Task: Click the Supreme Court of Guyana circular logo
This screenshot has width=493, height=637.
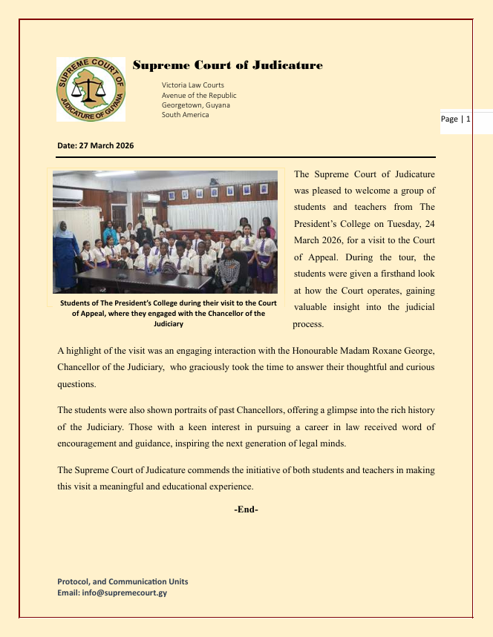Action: coord(91,89)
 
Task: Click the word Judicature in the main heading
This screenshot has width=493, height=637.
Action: coord(287,66)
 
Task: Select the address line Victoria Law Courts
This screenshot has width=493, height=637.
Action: coord(192,85)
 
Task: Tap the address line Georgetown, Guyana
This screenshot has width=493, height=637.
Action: coord(195,105)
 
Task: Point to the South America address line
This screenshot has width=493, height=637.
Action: coord(185,114)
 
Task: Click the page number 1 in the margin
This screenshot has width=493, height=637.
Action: coord(468,119)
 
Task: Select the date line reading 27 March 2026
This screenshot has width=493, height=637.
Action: coord(95,145)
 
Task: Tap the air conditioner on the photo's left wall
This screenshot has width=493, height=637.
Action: coord(68,194)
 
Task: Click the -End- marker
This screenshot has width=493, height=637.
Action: coord(246,509)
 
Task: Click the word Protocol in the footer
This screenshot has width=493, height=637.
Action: coord(75,581)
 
